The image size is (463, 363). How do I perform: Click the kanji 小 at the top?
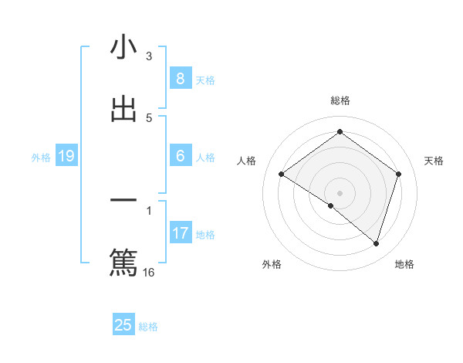click(123, 48)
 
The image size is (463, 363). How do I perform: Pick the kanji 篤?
click(123, 261)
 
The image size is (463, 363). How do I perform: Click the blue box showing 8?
click(180, 79)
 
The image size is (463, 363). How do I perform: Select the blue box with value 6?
click(180, 156)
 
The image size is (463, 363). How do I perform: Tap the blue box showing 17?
click(180, 232)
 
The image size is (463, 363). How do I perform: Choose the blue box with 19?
click(66, 156)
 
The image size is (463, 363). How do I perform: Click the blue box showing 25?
click(123, 325)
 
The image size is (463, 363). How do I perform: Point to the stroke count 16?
click(149, 272)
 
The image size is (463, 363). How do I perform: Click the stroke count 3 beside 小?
click(149, 56)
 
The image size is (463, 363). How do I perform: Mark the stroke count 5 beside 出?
click(149, 118)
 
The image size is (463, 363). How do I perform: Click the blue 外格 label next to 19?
click(41, 158)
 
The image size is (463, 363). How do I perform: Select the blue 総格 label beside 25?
click(148, 327)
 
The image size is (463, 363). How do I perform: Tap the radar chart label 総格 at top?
click(340, 100)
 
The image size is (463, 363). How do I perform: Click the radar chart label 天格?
click(434, 161)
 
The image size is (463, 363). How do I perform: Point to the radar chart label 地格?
click(404, 264)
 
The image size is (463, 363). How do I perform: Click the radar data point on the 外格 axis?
click(331, 205)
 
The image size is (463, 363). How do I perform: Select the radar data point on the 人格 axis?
click(282, 175)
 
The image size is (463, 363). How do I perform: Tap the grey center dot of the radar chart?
click(340, 192)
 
